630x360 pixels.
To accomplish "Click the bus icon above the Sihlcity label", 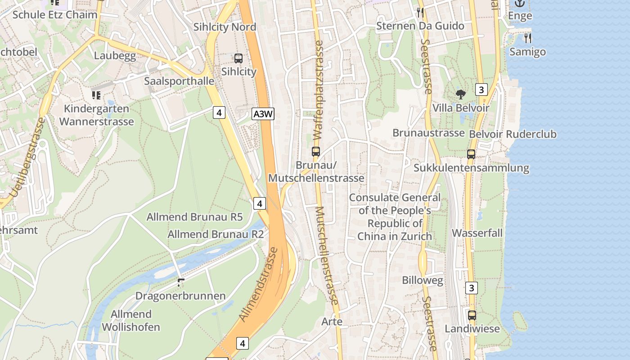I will (238, 58).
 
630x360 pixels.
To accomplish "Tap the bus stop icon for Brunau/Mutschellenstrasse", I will (316, 152).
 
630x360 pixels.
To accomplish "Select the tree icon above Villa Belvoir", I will (460, 94).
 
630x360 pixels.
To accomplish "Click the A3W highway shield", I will (263, 114).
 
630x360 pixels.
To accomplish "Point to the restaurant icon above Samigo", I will (527, 38).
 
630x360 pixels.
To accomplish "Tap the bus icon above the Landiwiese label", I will (472, 315).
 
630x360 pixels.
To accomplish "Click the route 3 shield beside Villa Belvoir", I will (481, 90).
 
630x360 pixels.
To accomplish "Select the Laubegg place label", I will (115, 56).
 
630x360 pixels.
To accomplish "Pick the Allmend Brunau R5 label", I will (194, 217).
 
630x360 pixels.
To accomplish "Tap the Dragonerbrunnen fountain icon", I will (181, 283).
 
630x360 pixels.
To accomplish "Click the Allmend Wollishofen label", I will (131, 320).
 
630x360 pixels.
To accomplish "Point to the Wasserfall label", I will (477, 233).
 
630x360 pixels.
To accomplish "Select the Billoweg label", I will (423, 280).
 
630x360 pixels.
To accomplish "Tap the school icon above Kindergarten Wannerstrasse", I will (96, 95).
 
